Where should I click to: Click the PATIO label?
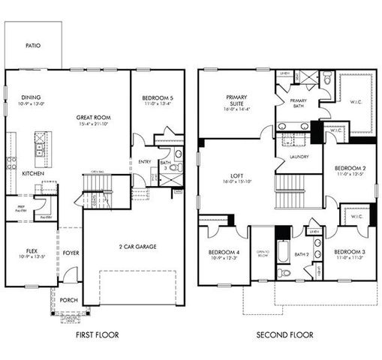point(32,46)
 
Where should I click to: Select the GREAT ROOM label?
point(93,117)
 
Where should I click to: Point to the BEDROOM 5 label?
point(158,97)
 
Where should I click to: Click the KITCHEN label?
point(33,173)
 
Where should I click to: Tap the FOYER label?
point(71,253)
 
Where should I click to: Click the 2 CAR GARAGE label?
point(132,247)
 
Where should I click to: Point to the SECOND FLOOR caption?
point(284,335)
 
